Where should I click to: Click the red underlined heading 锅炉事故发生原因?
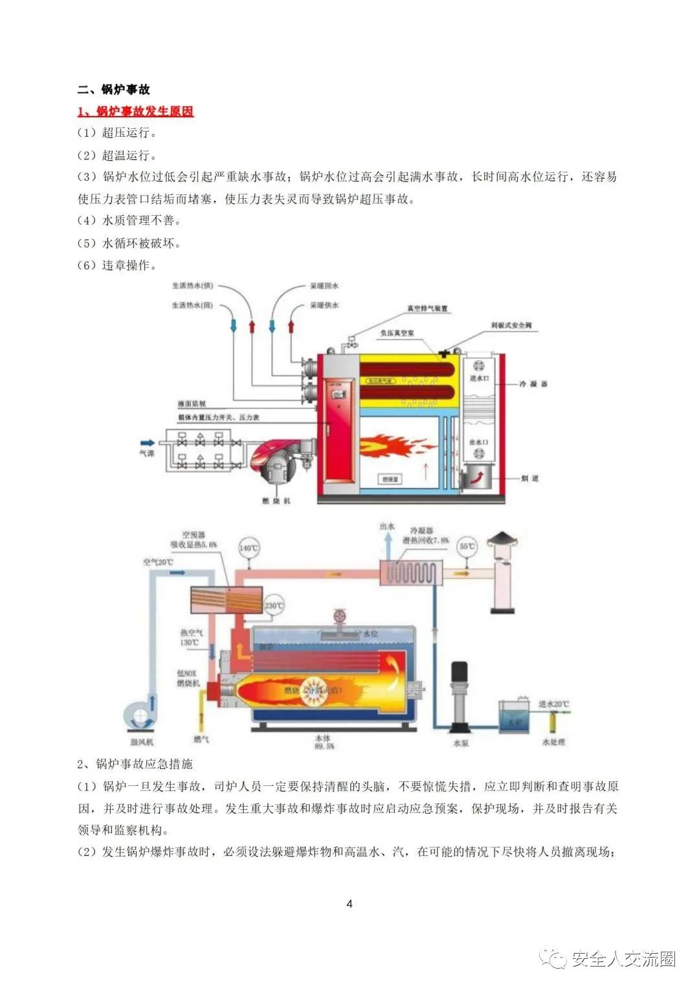point(135,111)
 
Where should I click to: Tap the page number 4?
point(349,904)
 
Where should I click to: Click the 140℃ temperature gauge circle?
point(249,547)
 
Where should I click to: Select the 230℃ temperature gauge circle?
point(273,606)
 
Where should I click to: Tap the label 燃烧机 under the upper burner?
point(276,501)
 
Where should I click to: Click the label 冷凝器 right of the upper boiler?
point(533,384)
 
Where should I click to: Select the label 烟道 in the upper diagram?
point(529,478)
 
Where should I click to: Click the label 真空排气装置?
point(427,308)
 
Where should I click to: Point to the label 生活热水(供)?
point(192,286)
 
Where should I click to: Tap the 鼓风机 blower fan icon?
point(140,717)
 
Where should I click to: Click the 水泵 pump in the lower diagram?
point(461,700)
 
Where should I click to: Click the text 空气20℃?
point(158,562)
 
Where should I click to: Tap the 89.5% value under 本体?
point(324,746)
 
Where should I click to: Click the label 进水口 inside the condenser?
point(479,378)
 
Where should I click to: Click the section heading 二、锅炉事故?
point(114,89)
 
